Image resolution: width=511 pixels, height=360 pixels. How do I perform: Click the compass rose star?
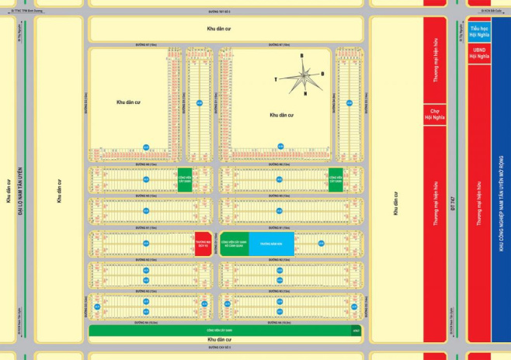301,75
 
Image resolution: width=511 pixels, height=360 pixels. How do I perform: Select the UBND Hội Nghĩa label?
479,53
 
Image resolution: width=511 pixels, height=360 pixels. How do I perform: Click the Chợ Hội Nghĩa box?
434,116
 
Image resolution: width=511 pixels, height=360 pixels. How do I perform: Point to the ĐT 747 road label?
454,202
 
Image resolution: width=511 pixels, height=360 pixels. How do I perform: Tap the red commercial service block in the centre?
202,243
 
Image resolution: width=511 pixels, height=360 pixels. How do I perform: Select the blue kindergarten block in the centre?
272,243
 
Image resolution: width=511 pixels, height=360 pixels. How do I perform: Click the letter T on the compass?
275,79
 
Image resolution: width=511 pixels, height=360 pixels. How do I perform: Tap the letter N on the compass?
305,94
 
